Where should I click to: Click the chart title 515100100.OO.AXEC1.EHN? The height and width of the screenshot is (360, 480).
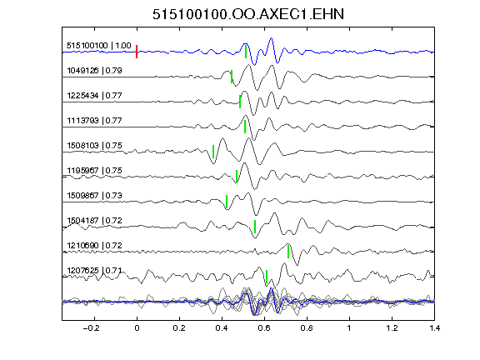(x=248, y=14)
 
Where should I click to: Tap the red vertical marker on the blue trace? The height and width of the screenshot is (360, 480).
(x=137, y=52)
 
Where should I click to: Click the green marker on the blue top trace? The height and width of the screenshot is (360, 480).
(x=246, y=52)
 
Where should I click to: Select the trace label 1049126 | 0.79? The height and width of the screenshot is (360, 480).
(x=95, y=71)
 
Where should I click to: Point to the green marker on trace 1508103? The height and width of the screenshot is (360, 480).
(x=213, y=152)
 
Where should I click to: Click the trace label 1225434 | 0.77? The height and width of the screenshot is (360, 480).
(x=95, y=96)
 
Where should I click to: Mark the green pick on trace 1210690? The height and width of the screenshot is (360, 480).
(x=288, y=252)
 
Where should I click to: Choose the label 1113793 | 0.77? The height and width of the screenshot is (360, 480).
(x=95, y=121)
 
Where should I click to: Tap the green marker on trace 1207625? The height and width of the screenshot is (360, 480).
(x=267, y=277)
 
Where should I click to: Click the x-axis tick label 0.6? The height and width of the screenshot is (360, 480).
(x=264, y=328)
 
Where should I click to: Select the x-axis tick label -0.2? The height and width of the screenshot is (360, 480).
(x=92, y=328)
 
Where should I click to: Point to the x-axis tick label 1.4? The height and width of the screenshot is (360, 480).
(x=435, y=328)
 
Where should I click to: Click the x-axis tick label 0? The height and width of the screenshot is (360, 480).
(x=137, y=328)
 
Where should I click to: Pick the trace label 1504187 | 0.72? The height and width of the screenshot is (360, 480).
(x=95, y=220)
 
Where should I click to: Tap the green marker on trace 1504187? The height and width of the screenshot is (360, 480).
(x=255, y=227)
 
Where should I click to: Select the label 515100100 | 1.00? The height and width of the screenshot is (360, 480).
(x=99, y=46)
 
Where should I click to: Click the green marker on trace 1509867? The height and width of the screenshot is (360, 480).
(x=227, y=202)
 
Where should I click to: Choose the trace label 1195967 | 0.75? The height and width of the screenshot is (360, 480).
(x=95, y=171)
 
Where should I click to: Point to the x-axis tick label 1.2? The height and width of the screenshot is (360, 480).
(x=392, y=328)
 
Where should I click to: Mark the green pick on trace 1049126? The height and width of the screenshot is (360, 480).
(x=232, y=77)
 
